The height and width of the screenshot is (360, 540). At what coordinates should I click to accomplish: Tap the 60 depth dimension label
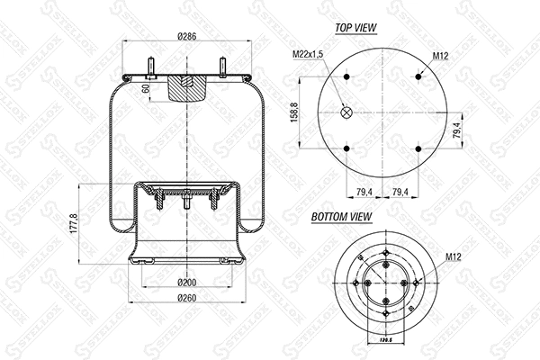(146, 88)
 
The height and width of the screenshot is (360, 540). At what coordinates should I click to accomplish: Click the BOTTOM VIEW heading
(342, 217)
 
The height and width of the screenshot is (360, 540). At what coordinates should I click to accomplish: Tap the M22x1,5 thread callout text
(309, 56)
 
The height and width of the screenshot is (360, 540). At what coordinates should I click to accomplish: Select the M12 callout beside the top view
(440, 56)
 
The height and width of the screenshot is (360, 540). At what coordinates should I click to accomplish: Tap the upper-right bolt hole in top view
(420, 76)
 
